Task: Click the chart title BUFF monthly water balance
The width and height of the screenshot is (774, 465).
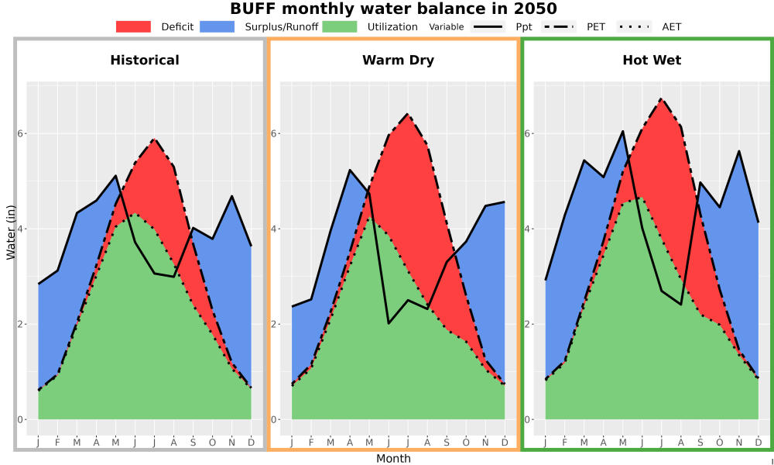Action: (x=393, y=9)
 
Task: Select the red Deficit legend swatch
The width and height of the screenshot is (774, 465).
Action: (x=133, y=26)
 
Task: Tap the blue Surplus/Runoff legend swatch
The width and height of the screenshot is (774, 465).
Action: (x=217, y=26)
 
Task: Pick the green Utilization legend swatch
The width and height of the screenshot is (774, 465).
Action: (x=340, y=26)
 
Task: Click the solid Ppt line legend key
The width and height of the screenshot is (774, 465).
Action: (x=488, y=26)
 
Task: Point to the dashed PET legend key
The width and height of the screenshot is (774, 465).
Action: (x=559, y=26)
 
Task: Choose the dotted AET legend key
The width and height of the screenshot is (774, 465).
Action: (x=634, y=26)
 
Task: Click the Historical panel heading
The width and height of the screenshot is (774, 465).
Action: (x=145, y=60)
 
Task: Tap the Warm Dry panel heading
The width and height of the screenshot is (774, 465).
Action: (x=399, y=60)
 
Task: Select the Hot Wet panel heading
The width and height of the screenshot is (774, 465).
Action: (x=652, y=60)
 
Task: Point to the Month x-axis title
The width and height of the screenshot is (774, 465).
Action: (x=393, y=459)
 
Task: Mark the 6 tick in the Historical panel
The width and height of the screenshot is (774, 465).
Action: (x=21, y=133)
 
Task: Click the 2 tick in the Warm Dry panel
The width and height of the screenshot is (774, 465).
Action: (x=275, y=324)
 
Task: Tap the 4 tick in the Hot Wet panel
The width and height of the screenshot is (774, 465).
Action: (x=528, y=229)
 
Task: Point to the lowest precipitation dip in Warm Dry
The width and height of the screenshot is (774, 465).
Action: (x=389, y=324)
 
